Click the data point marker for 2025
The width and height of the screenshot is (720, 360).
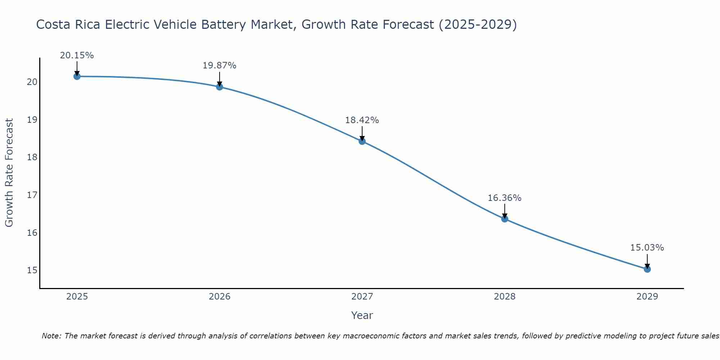77,76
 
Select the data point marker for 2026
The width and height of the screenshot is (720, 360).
220,87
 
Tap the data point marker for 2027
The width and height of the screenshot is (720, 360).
362,141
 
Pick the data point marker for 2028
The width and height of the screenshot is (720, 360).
505,219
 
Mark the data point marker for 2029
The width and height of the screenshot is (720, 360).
647,269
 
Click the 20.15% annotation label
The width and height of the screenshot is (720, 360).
77,55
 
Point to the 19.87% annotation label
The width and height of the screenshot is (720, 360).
220,66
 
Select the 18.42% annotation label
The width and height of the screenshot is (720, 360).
362,120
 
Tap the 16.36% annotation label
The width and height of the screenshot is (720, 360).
505,198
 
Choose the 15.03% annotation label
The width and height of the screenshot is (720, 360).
647,248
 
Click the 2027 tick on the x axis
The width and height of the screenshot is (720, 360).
362,297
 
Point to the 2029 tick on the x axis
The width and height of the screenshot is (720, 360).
647,297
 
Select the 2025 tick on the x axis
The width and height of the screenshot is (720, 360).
77,297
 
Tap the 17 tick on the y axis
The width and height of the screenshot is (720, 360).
32,195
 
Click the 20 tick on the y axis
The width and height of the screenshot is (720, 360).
32,82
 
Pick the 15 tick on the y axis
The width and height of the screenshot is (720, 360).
32,270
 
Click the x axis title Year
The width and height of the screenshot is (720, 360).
362,315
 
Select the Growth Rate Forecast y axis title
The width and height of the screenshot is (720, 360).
9,173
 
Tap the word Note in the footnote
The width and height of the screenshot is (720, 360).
51,336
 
